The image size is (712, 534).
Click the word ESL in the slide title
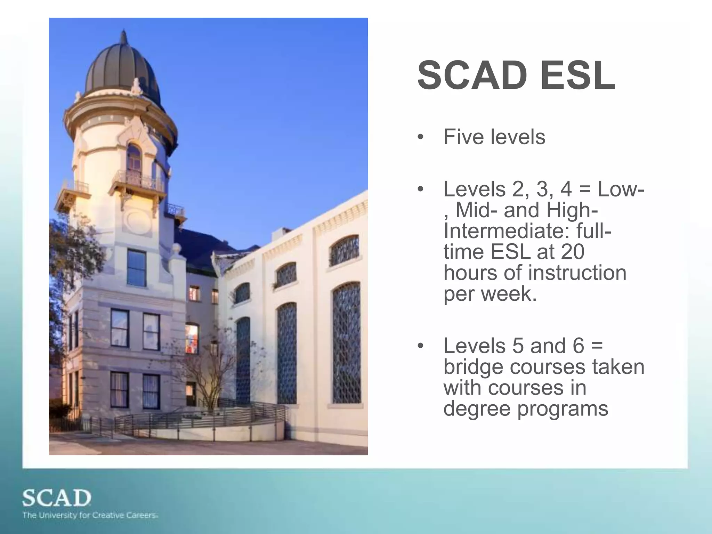pos(577,76)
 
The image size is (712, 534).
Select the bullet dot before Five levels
pos(421,137)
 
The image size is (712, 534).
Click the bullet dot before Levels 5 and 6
pos(421,346)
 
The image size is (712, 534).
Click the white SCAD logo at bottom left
pos(57,498)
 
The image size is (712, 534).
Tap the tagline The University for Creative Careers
pos(90,515)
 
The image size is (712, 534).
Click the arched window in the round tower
pos(134,158)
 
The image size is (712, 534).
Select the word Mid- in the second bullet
pos(476,211)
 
